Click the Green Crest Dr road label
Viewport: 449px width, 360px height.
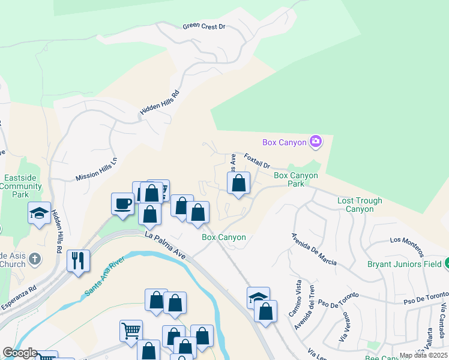tap(203, 26)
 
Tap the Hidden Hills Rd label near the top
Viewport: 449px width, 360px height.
tap(160, 103)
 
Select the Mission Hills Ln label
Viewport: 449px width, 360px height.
tap(97, 169)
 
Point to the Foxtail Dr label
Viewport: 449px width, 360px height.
tap(258, 160)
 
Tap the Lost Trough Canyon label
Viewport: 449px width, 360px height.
tap(364, 205)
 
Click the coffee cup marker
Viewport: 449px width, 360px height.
tap(122, 204)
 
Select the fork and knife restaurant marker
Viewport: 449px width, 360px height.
tap(79, 260)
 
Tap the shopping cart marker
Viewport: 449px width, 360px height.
tap(131, 331)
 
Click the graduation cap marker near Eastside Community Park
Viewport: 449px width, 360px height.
tap(39, 213)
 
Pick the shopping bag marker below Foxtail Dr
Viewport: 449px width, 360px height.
tap(239, 183)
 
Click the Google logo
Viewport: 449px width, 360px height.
tap(20, 353)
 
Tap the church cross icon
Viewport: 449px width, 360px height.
tap(35, 259)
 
